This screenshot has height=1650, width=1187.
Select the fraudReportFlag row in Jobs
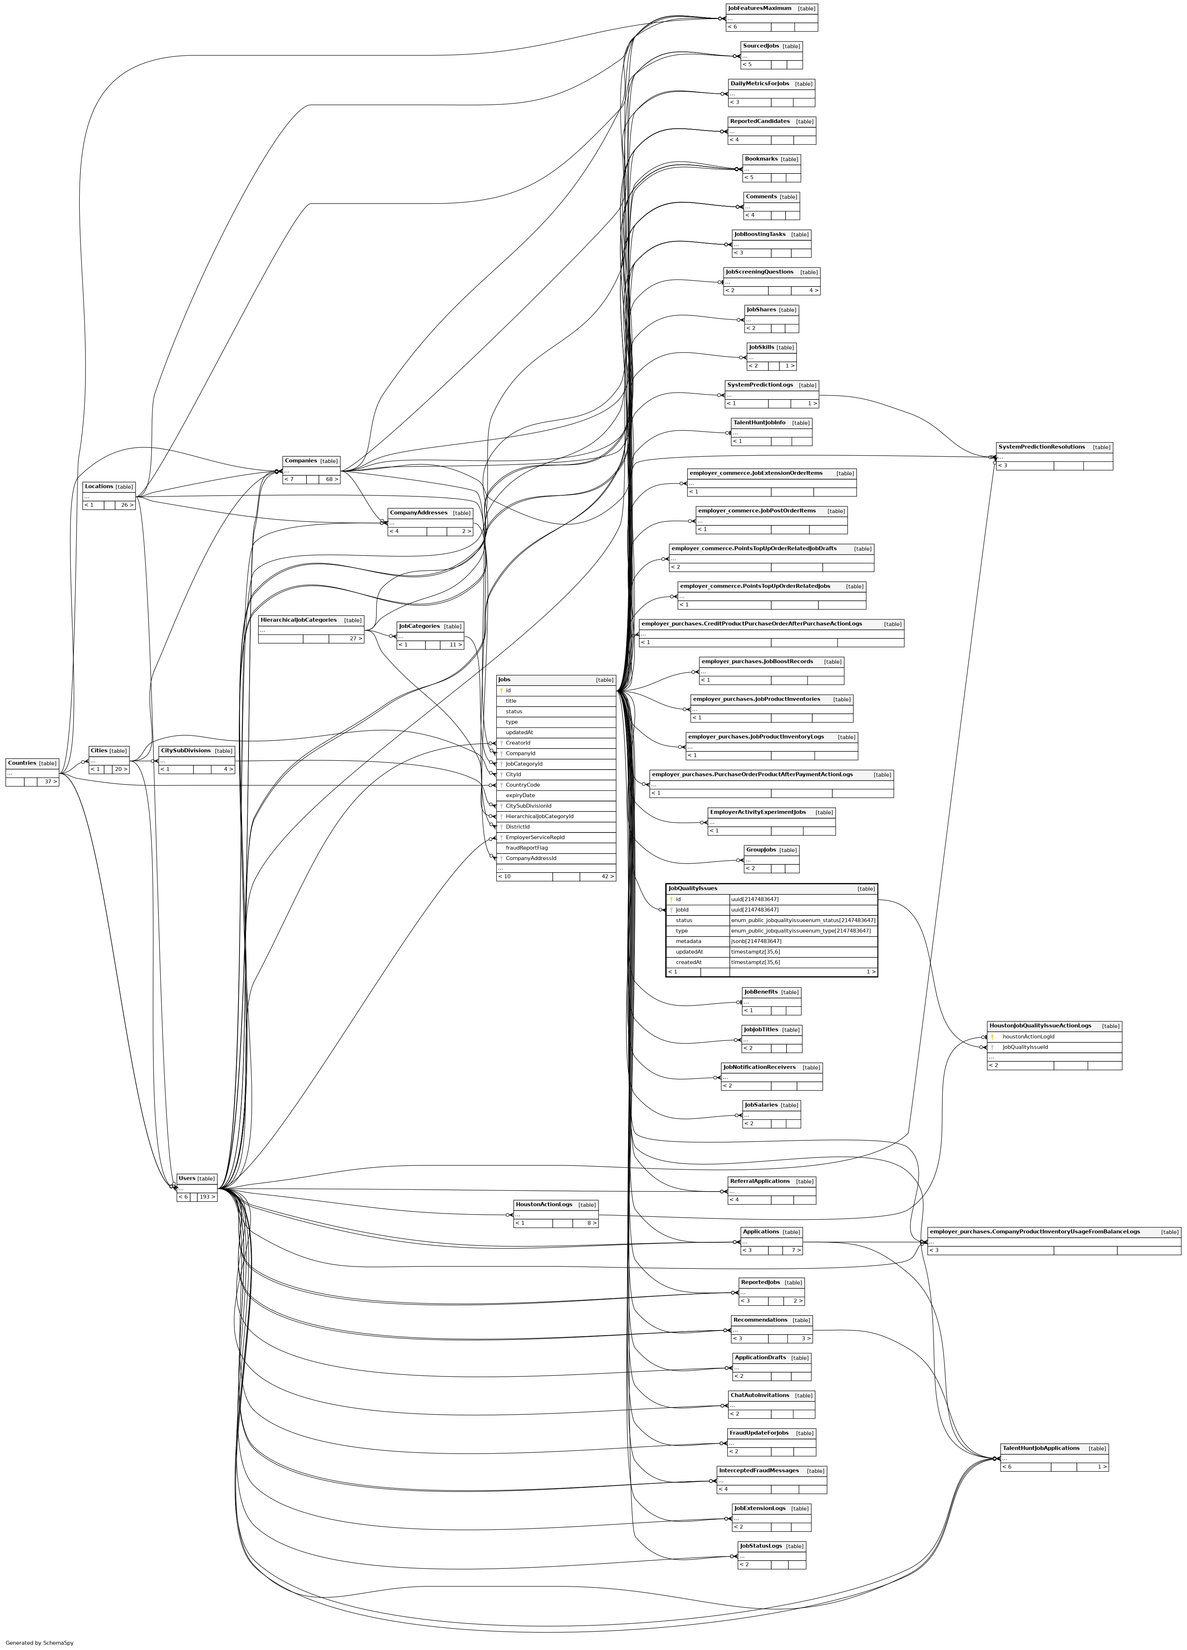[x=527, y=848]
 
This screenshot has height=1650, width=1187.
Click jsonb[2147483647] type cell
[x=757, y=942]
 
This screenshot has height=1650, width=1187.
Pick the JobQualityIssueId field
[x=1025, y=1048]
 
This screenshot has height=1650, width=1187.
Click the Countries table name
[x=22, y=763]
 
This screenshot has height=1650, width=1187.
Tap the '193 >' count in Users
[x=207, y=1197]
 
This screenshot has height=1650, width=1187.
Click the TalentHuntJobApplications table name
[x=1040, y=1448]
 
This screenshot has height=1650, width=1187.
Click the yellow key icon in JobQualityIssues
[x=671, y=899]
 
